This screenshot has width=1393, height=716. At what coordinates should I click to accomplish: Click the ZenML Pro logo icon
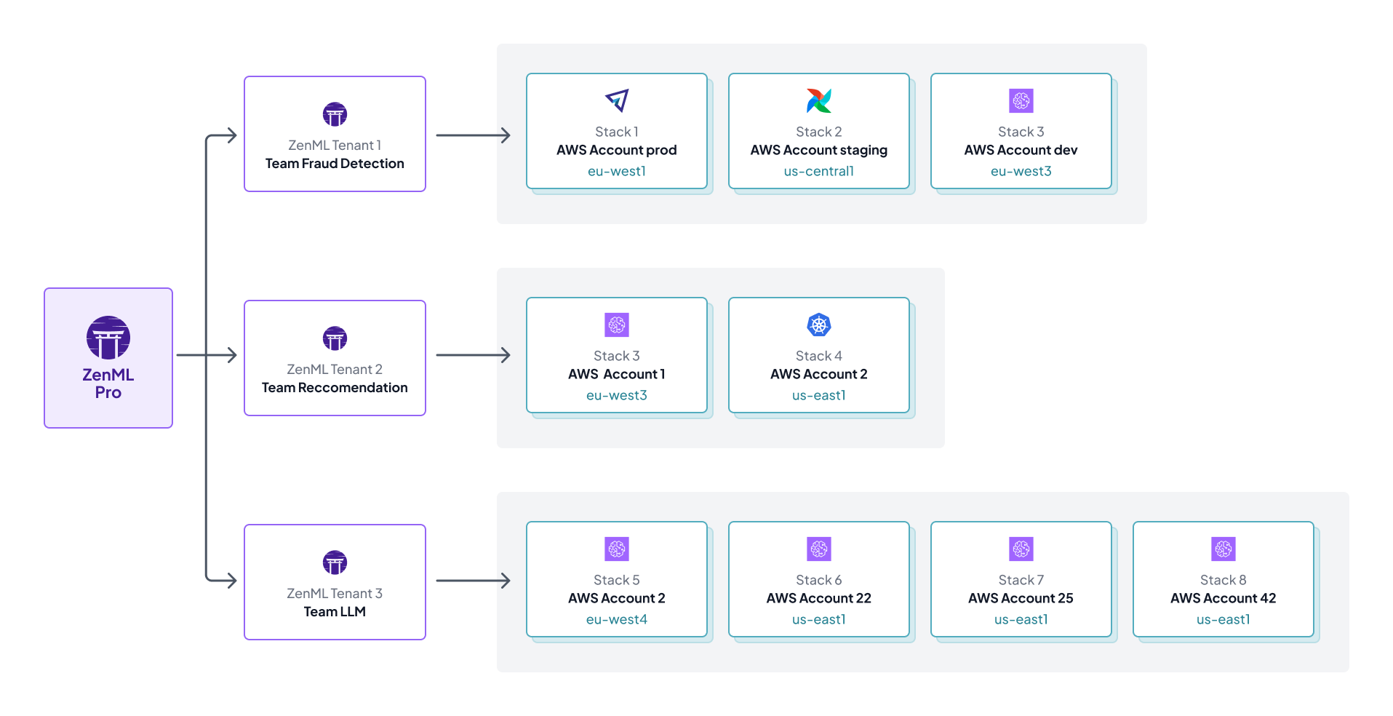coord(108,338)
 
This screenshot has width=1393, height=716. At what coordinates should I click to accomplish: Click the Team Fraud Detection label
coord(335,164)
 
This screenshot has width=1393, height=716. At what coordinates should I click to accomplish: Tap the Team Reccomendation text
coord(335,388)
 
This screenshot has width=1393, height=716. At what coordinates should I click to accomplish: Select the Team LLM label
coord(335,612)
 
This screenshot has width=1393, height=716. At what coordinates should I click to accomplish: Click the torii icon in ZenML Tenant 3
coord(335,562)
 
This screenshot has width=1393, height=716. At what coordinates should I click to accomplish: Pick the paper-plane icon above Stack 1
coord(617,100)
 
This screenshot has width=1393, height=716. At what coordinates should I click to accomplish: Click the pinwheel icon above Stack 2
coord(819,100)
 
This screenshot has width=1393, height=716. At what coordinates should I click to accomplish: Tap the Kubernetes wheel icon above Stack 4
coord(819,325)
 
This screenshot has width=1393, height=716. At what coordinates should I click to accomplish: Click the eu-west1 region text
coord(617,172)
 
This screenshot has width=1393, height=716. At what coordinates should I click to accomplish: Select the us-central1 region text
coord(819,172)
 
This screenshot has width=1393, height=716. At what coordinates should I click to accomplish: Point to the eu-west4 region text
coord(617,620)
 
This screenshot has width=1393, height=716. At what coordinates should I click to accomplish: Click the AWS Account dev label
coord(1021,150)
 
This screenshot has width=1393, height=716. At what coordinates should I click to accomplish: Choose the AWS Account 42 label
coord(1223,598)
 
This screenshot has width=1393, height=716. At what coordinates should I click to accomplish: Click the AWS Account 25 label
coord(1021,598)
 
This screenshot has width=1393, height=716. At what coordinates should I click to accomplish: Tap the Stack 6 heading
coord(819,580)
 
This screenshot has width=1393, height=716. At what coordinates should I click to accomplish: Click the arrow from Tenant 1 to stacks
coord(473,135)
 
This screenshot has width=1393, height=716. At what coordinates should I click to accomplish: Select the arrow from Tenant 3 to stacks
coord(473,581)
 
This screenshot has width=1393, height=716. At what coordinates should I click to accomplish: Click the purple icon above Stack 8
coord(1224,549)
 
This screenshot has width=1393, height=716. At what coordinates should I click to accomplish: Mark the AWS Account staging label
coord(819,150)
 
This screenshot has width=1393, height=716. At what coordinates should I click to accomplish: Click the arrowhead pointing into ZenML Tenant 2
coord(231,355)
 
